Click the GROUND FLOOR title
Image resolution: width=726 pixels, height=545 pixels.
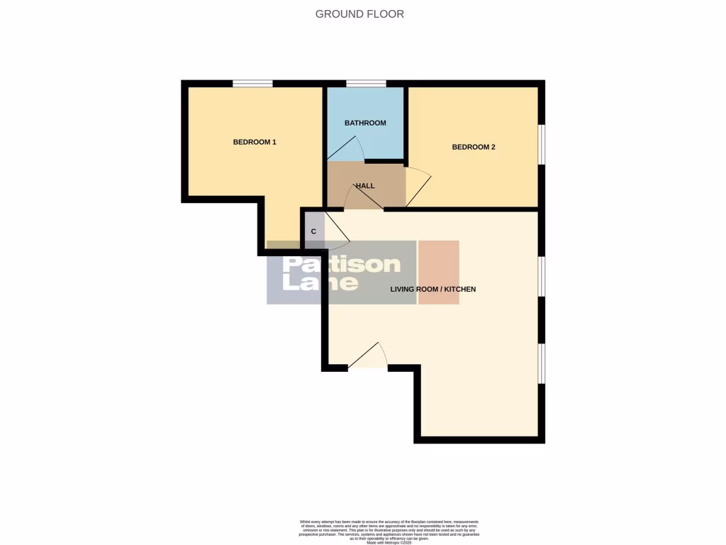coord(359,13)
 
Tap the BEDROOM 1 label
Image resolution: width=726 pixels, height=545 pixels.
coord(255,142)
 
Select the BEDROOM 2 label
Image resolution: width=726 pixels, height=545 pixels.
coord(474,147)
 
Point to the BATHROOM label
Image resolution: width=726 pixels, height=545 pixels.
coord(365,123)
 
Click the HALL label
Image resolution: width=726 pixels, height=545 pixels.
coord(365,186)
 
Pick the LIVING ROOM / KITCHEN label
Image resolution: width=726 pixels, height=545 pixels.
coord(433,289)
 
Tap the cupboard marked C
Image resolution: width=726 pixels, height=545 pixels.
coord(313,231)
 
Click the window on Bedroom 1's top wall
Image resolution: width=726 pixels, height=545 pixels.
coord(252,84)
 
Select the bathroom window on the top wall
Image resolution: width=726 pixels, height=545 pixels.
coord(366,84)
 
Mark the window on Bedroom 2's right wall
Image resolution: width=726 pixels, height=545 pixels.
coord(542,145)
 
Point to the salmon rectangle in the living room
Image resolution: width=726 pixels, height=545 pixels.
coord(438,272)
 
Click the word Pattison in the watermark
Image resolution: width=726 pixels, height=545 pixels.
coord(342,265)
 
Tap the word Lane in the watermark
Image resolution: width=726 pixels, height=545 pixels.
coord(320,282)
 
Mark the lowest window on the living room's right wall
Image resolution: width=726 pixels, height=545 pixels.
coord(542,363)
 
